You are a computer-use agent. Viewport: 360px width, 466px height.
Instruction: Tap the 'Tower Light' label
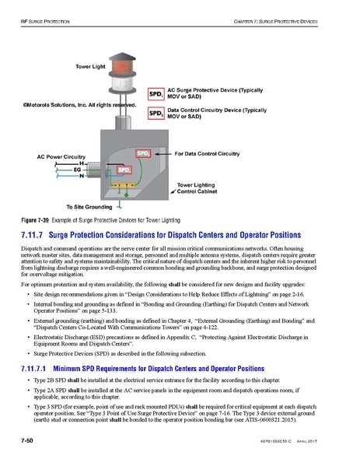point(91,67)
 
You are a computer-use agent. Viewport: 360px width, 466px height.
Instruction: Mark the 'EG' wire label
point(77,169)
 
